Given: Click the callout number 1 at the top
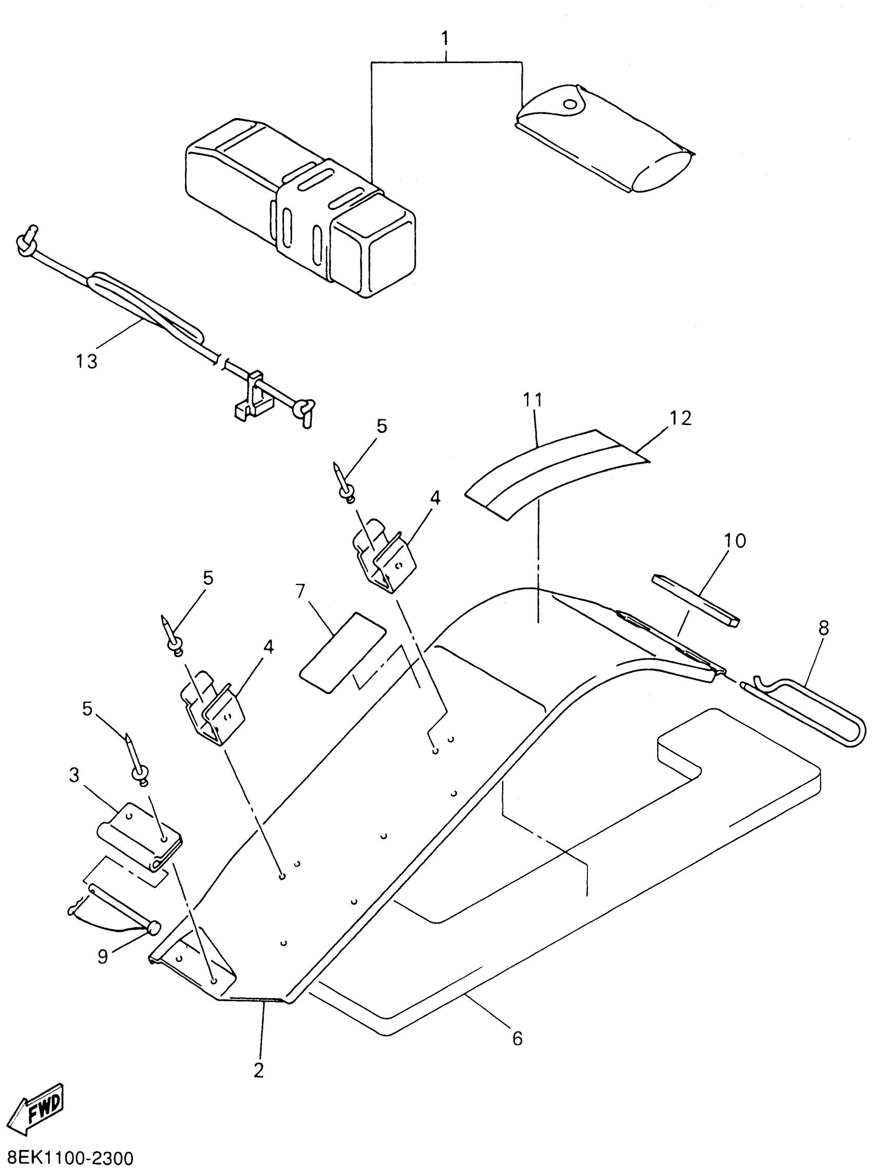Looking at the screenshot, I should tap(445, 38).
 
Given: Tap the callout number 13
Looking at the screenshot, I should tap(87, 362).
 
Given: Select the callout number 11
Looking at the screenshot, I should tap(533, 400).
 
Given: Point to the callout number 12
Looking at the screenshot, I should tap(680, 418).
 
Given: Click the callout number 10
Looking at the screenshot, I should tap(734, 541).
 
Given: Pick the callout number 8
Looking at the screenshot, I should tap(823, 628).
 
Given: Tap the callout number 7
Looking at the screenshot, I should tap(301, 591).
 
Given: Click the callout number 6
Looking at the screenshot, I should tap(517, 1039).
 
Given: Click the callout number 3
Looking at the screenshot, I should tap(74, 775).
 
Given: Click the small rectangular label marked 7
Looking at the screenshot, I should tap(343, 652).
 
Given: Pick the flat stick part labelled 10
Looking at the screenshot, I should tap(696, 600).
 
